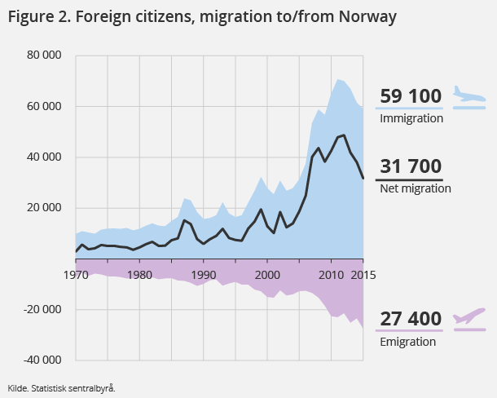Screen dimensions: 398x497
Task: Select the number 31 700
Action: click(411, 167)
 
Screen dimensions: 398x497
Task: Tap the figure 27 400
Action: click(411, 319)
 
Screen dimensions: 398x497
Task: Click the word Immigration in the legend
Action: click(411, 118)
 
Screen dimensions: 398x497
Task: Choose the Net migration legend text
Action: click(416, 188)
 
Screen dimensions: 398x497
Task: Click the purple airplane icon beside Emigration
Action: click(469, 316)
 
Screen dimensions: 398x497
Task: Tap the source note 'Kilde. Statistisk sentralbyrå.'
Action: click(62, 388)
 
